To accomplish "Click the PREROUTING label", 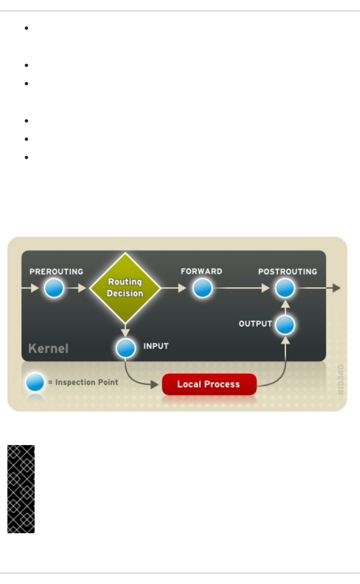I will (x=56, y=272).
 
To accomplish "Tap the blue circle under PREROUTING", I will (x=54, y=288).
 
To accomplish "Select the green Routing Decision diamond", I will (x=125, y=288).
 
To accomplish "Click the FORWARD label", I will (x=202, y=271).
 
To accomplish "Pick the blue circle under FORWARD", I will (x=203, y=288).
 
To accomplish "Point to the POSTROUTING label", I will (x=288, y=272).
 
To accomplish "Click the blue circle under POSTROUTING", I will (x=285, y=288).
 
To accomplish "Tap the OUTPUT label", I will (x=255, y=324).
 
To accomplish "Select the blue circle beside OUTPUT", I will (x=285, y=325).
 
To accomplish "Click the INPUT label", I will (x=156, y=346).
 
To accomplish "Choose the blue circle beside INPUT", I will (x=126, y=348).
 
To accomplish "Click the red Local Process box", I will (x=209, y=384).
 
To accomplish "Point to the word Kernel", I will (x=48, y=348).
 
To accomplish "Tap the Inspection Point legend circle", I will (x=35, y=382).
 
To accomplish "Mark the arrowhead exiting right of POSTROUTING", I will (x=336, y=288).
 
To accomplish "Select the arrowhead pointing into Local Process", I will (x=154, y=384).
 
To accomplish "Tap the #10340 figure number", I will (x=341, y=380).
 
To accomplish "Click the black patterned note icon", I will (x=21, y=489).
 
